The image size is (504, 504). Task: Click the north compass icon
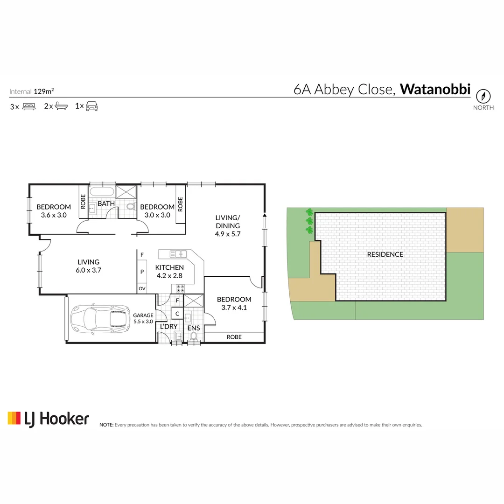[x=483, y=96]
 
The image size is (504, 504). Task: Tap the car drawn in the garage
[x=99, y=319]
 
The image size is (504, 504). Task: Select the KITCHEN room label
[x=169, y=267]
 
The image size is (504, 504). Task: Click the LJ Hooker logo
[x=48, y=418]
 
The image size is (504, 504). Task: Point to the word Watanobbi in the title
[x=435, y=89]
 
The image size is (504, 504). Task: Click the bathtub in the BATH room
[x=101, y=191]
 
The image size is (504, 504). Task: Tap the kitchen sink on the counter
[x=178, y=254]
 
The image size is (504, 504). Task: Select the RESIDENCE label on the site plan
[x=385, y=254]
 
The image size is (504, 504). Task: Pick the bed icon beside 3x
[x=29, y=106]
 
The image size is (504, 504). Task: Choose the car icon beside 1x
[x=91, y=106]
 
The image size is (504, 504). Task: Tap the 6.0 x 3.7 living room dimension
[x=88, y=270]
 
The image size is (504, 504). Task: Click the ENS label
[x=193, y=329]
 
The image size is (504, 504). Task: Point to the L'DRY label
[x=168, y=327]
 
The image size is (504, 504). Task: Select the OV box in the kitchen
[x=141, y=289]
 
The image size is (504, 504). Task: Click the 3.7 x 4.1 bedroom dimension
[x=234, y=308]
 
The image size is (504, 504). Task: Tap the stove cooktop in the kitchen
[x=182, y=288]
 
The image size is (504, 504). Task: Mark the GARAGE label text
[x=143, y=315]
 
